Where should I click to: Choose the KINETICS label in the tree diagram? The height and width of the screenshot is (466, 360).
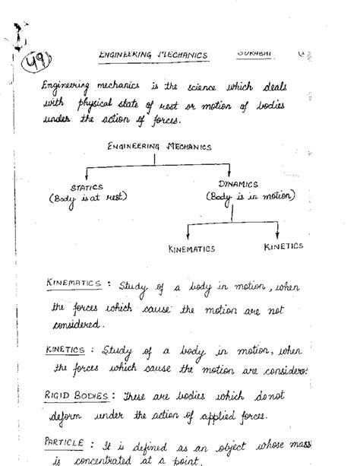[283, 246]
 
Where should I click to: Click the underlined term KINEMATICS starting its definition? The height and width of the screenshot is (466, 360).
[73, 284]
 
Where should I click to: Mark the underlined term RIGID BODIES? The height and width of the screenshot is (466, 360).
[78, 395]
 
